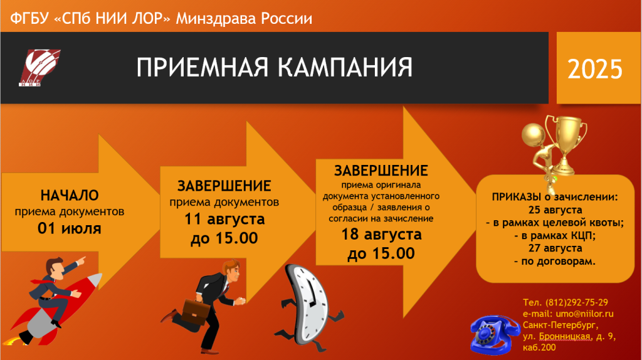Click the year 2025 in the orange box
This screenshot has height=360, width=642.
(595, 69)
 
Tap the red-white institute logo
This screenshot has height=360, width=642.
(39, 68)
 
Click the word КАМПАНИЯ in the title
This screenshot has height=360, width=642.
(345, 67)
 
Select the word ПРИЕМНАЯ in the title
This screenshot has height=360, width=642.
(203, 67)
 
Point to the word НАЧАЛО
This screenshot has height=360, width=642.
(70, 195)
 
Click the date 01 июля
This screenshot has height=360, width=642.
(70, 228)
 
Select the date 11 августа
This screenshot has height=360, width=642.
(224, 219)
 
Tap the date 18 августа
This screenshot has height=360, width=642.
(382, 235)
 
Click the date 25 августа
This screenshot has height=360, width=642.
(555, 210)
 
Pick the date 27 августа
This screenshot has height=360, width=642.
(555, 248)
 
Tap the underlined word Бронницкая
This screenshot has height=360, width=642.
(565, 337)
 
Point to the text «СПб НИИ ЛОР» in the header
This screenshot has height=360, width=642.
(112, 18)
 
